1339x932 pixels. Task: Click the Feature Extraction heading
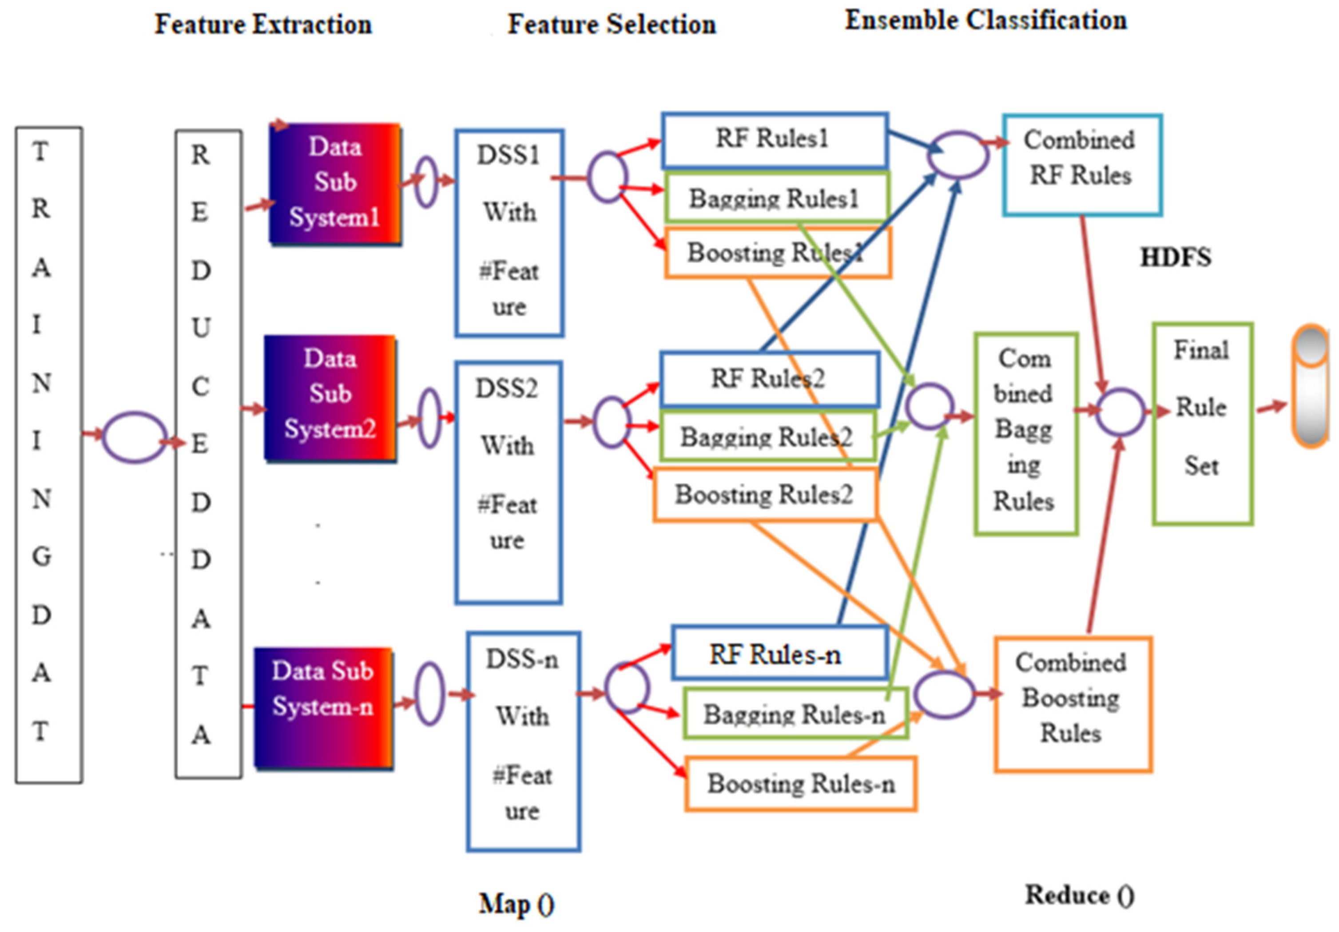(x=263, y=25)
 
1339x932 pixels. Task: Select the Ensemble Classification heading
(x=985, y=21)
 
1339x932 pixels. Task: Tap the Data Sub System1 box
(x=335, y=183)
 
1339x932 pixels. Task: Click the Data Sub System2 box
(x=330, y=398)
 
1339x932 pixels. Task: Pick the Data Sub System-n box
(x=323, y=707)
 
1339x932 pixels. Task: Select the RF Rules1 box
(x=775, y=140)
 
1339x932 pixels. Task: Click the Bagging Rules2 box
(x=767, y=436)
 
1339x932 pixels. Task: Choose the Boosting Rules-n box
(x=800, y=783)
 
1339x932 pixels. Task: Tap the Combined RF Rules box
(x=1082, y=165)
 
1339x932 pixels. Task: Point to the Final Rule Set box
(x=1202, y=424)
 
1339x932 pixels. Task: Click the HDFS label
(x=1175, y=257)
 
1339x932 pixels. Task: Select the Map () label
(x=516, y=904)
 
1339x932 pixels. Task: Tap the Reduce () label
(x=1080, y=895)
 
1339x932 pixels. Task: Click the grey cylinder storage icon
(x=1311, y=386)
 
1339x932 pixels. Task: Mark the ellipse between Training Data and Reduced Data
(x=134, y=437)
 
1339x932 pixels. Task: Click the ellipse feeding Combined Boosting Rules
(x=944, y=694)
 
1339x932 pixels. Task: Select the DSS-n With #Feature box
(x=523, y=741)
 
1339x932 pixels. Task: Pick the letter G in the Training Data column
(x=41, y=556)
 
